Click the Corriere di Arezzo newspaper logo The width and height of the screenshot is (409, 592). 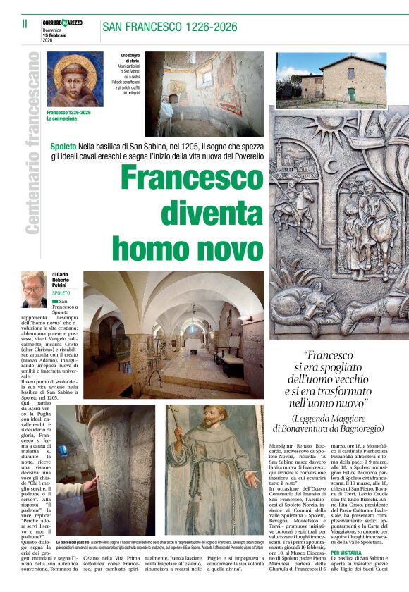[x=62, y=23]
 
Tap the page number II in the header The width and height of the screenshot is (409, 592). [x=25, y=23]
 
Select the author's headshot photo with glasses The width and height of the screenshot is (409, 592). [x=34, y=289]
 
